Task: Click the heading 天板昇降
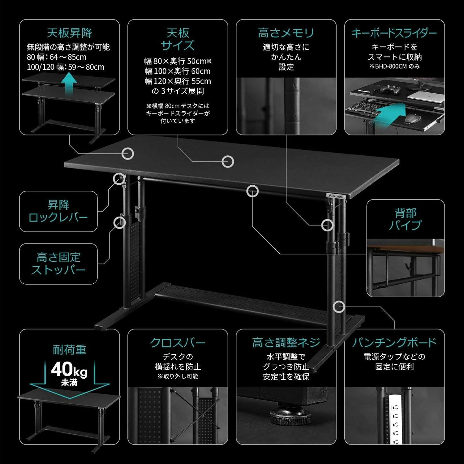click(x=69, y=33)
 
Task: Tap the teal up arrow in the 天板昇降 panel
click(x=69, y=83)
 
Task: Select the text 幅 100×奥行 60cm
click(x=178, y=71)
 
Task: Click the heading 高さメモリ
click(x=286, y=33)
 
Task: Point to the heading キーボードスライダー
click(x=394, y=33)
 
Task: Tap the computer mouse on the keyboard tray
click(x=411, y=118)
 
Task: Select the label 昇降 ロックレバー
click(x=58, y=211)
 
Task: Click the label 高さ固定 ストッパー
click(x=58, y=264)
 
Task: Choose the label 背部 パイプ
click(x=405, y=219)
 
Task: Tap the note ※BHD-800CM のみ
click(x=394, y=67)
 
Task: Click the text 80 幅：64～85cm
click(x=57, y=57)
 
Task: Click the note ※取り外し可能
click(x=178, y=376)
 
